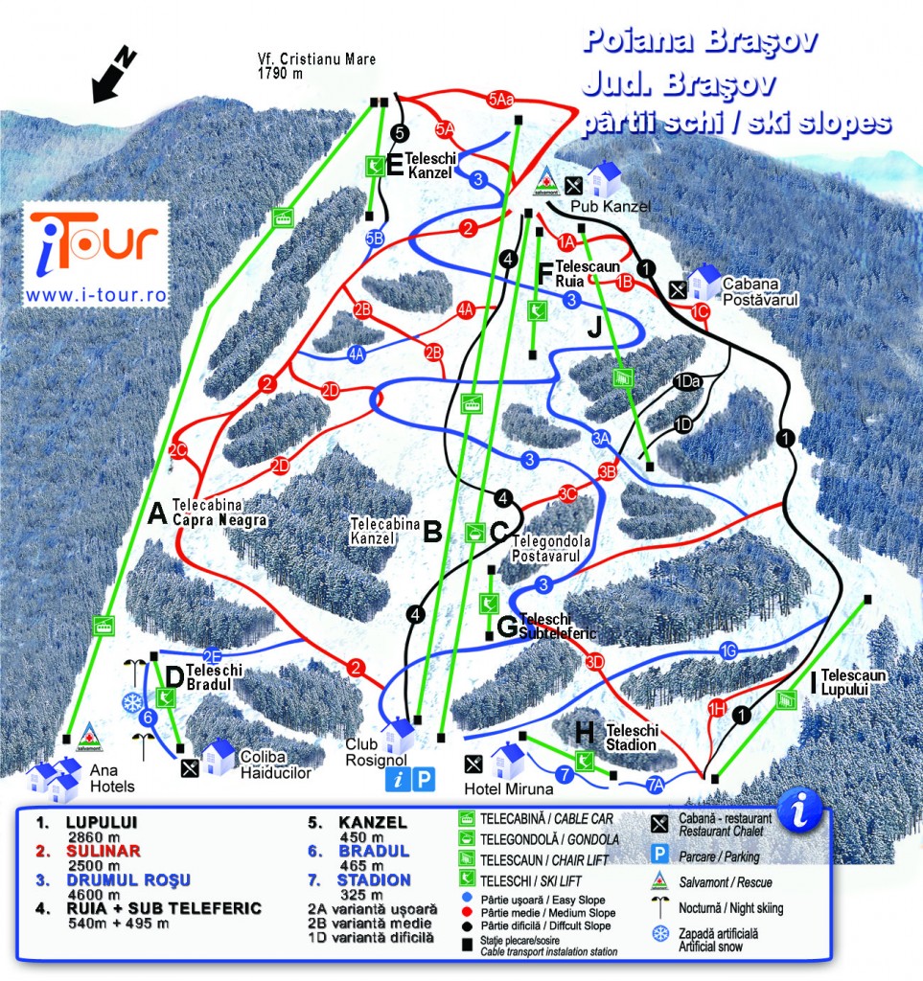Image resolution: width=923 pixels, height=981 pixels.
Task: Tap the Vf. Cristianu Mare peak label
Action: click(316, 65)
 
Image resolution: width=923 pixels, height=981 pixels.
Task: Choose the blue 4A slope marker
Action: click(358, 354)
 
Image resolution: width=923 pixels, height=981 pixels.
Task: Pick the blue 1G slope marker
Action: click(729, 653)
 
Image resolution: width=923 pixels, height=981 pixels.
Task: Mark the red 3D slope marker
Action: click(595, 661)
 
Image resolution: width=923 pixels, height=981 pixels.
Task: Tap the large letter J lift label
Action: click(595, 326)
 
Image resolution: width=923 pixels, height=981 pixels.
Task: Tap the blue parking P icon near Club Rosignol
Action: click(423, 780)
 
